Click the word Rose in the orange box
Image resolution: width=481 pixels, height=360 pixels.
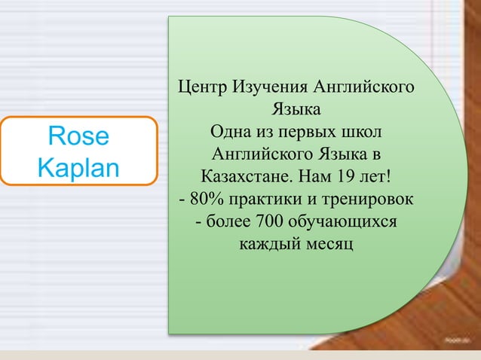click(x=78, y=136)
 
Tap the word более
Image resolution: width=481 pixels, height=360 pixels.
click(x=228, y=223)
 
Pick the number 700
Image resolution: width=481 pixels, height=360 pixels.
click(x=270, y=223)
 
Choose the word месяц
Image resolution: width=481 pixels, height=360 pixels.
click(x=328, y=245)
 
